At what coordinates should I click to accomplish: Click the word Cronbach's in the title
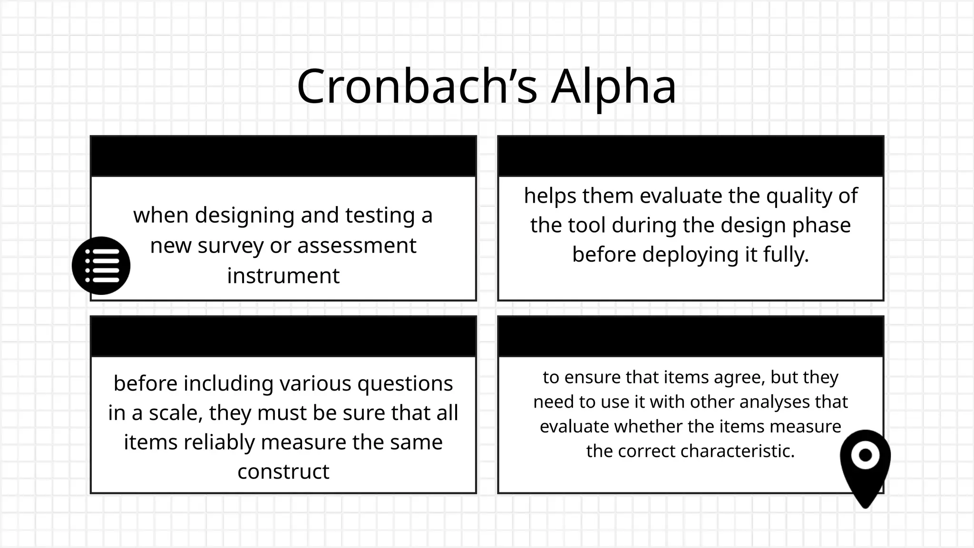click(x=417, y=87)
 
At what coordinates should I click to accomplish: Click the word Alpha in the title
click(x=614, y=87)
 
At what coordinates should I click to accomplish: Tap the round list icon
click(x=101, y=265)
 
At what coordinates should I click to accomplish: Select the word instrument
click(x=283, y=276)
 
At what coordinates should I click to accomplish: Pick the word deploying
click(x=692, y=254)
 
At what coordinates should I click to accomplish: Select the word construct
click(x=283, y=472)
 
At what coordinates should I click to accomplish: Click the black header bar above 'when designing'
click(x=283, y=156)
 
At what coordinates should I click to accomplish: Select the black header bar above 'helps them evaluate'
click(x=691, y=156)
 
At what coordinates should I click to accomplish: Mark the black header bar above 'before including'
click(x=283, y=336)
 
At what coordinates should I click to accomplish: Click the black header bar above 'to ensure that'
click(x=691, y=336)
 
